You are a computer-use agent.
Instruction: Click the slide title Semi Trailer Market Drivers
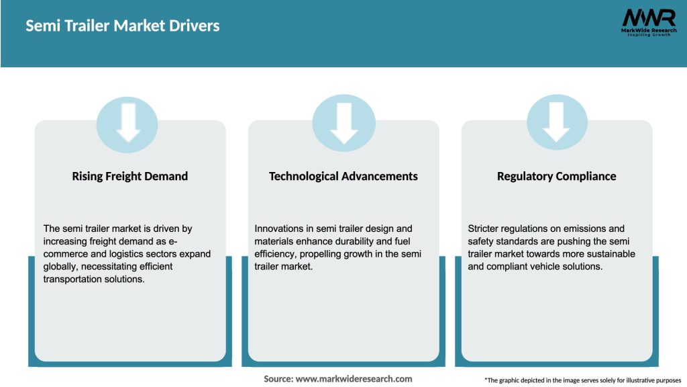(x=123, y=26)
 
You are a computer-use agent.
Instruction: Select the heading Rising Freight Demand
(x=129, y=176)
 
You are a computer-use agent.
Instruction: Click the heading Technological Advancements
(x=343, y=176)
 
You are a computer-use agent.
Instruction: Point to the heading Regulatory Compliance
(x=556, y=176)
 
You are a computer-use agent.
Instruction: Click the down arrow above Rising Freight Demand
(x=127, y=123)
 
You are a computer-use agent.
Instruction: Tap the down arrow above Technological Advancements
(x=343, y=123)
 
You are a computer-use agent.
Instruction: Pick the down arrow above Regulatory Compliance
(x=557, y=123)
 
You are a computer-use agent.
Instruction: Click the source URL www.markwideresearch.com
(x=355, y=379)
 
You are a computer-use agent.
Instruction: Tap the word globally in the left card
(x=60, y=267)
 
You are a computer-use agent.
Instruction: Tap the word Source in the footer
(x=278, y=379)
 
